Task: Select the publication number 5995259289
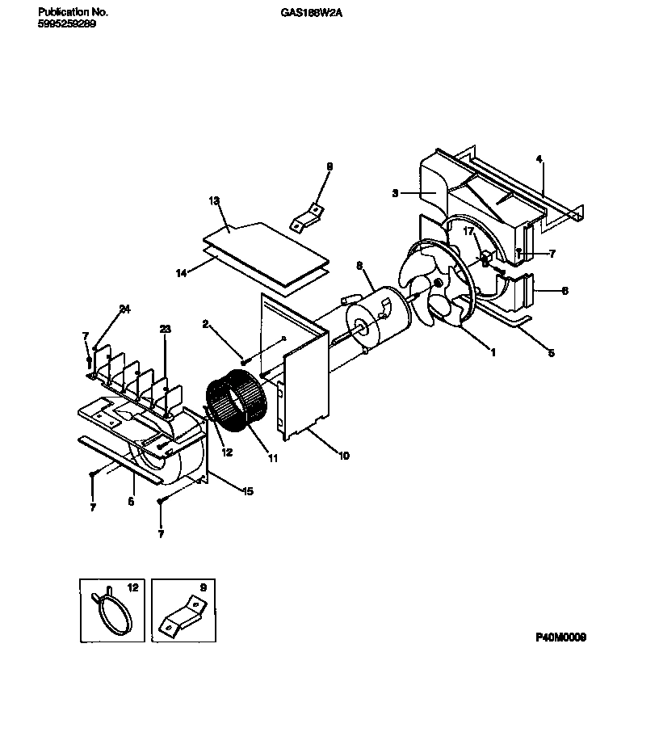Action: (x=67, y=23)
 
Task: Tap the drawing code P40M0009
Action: (x=561, y=637)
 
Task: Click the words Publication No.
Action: (x=73, y=13)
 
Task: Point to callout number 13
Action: (x=213, y=200)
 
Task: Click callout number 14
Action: (x=183, y=274)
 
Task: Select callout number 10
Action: (x=343, y=456)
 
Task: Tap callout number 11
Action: (x=272, y=458)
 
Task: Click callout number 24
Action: (x=124, y=309)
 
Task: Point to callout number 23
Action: (x=165, y=329)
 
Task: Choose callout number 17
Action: (x=467, y=232)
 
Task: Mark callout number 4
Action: (x=539, y=158)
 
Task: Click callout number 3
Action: (x=396, y=193)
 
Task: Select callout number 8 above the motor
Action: (x=359, y=265)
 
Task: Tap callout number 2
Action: (x=205, y=324)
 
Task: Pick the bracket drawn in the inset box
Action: (x=183, y=616)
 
